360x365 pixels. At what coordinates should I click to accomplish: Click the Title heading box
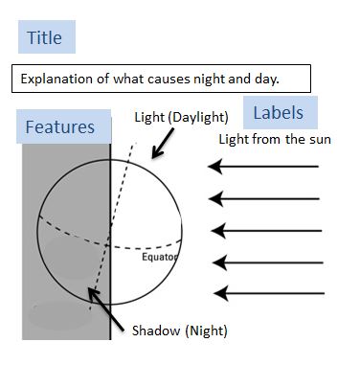click(x=45, y=38)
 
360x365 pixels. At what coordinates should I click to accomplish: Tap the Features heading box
click(x=59, y=127)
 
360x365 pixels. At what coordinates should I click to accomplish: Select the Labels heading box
click(x=278, y=113)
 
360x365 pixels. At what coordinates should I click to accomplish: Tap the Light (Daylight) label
click(x=181, y=118)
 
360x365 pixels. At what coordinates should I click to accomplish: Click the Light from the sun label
click(x=275, y=141)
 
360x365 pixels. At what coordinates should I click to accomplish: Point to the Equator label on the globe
click(x=159, y=257)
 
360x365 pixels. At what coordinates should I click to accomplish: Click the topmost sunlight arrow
click(x=263, y=168)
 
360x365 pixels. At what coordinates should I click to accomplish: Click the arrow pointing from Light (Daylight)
click(x=163, y=145)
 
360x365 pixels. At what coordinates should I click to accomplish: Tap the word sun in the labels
click(x=318, y=141)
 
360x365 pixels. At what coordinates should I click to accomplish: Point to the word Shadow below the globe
click(x=153, y=331)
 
